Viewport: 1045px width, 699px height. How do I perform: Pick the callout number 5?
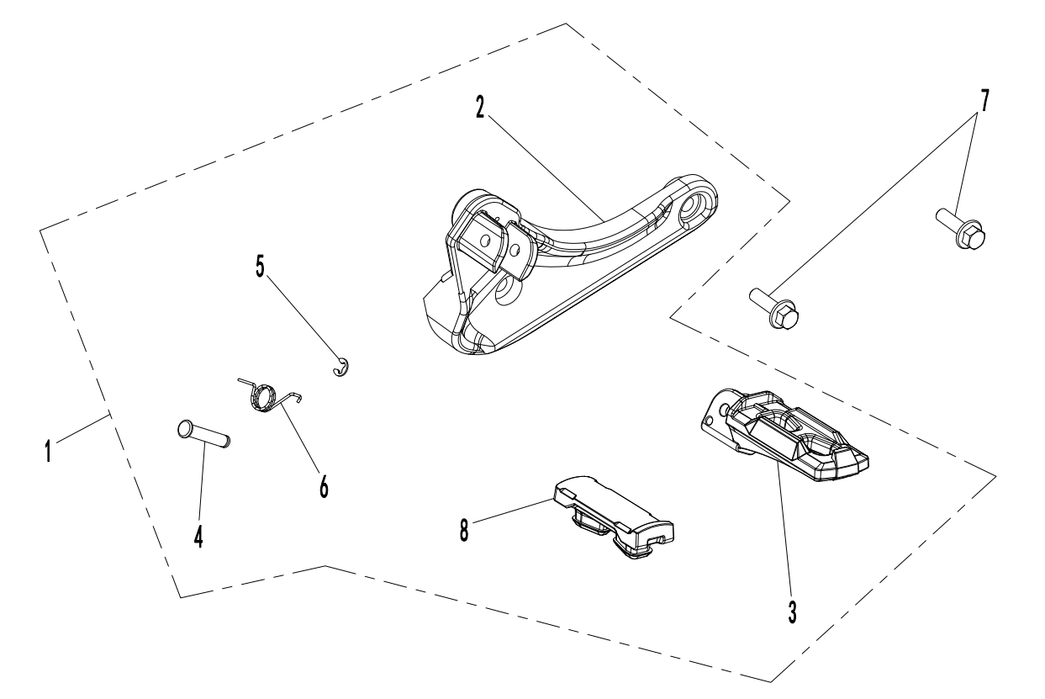261,267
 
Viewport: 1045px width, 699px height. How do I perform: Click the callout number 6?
324,485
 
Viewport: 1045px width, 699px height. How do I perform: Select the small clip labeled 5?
340,368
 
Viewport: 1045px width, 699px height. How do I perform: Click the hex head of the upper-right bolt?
972,233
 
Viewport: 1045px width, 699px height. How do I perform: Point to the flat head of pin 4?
186,428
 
